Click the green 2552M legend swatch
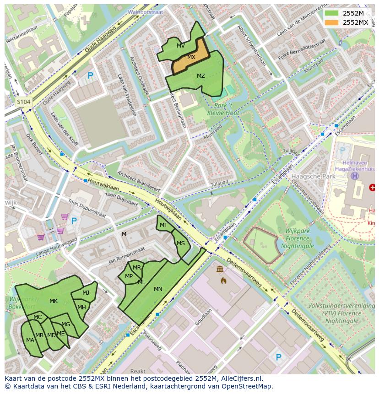pyautogui.click(x=332, y=13)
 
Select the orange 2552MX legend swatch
pyautogui.click(x=332, y=22)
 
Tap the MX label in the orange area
pyautogui.click(x=191, y=57)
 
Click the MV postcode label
pyautogui.click(x=181, y=46)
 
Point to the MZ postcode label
pyautogui.click(x=201, y=76)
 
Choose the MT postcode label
pyautogui.click(x=163, y=225)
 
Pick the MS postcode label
pyautogui.click(x=181, y=243)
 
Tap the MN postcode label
pyautogui.click(x=158, y=289)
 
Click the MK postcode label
pyautogui.click(x=54, y=301)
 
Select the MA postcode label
pyautogui.click(x=30, y=340)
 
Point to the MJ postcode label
pyautogui.click(x=86, y=293)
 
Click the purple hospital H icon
pyautogui.click(x=354, y=176)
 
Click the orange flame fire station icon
pyautogui.click(x=223, y=280)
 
